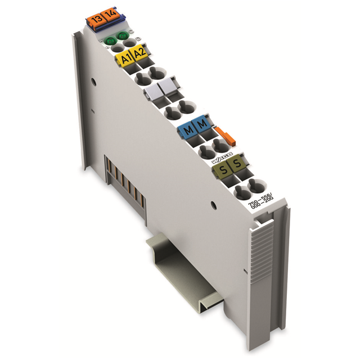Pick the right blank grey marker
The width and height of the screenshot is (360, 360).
[x=166, y=90]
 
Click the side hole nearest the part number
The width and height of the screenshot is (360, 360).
[x=213, y=204]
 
